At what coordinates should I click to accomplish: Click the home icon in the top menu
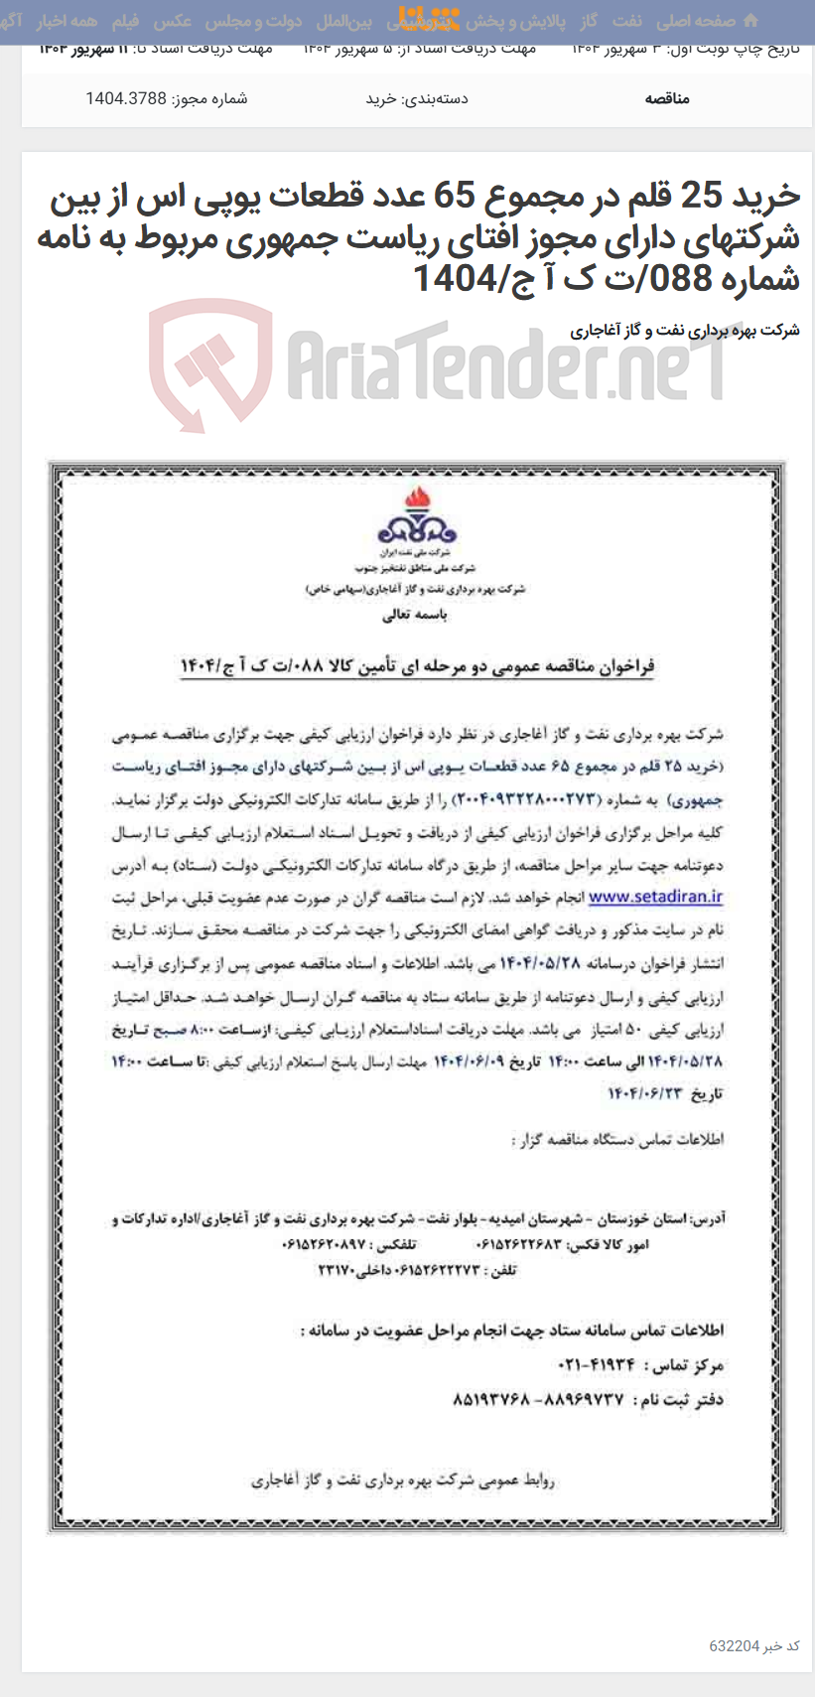coord(750,21)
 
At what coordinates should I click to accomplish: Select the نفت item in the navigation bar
coord(626,21)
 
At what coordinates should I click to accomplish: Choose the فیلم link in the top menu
coord(125,21)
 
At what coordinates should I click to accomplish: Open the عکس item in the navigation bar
coord(173,21)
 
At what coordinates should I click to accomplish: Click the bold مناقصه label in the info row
coord(667,98)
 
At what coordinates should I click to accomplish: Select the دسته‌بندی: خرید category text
coord(417,98)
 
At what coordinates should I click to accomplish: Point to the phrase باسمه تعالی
coord(415,615)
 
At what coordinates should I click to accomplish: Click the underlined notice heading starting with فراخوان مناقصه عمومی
coord(417,665)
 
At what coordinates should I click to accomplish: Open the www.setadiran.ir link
coord(655,898)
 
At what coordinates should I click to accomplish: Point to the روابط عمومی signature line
coord(403,1481)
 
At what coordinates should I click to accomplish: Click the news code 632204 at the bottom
coord(733,1645)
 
